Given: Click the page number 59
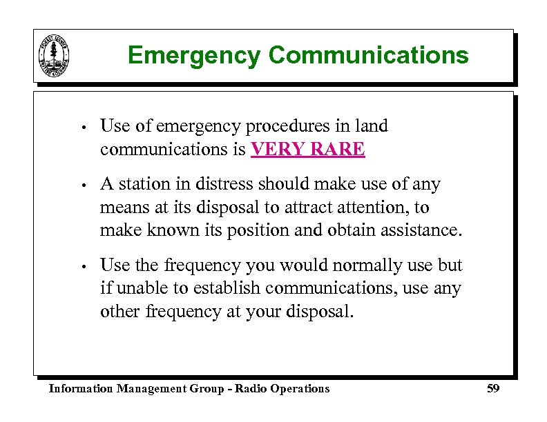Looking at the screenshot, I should [x=492, y=389].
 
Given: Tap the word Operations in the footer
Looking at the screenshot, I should [x=299, y=389].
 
